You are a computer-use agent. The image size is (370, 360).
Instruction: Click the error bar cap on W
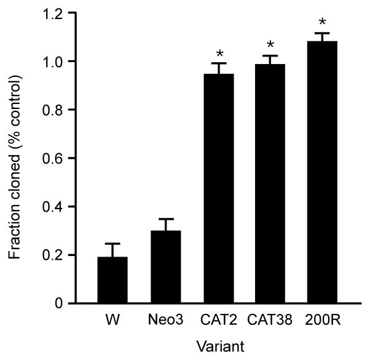point(113,244)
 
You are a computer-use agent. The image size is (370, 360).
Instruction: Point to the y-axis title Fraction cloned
point(17,158)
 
